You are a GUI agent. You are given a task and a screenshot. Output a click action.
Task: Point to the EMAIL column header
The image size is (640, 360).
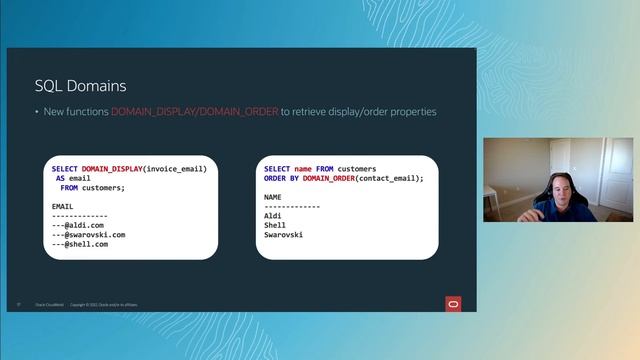[63, 207]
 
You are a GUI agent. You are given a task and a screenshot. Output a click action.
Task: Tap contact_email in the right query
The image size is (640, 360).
[390, 178]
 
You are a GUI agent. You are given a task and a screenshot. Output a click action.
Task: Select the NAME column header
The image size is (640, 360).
[273, 197]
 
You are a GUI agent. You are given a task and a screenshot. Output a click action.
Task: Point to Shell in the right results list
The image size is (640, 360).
[275, 225]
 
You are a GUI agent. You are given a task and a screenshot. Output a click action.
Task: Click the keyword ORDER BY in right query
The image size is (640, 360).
[281, 178]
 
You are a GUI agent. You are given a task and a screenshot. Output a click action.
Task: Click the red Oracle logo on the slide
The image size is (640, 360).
[453, 303]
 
